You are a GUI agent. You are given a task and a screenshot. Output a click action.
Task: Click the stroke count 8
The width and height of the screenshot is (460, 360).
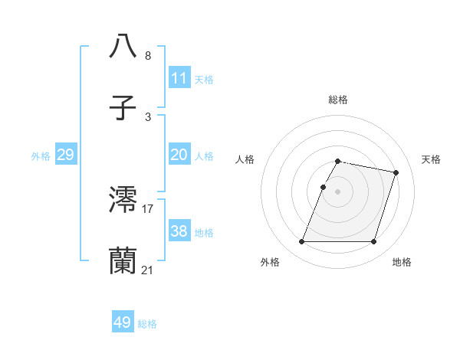[x=148, y=55]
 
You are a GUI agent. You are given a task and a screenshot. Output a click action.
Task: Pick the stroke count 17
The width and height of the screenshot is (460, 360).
[x=148, y=208]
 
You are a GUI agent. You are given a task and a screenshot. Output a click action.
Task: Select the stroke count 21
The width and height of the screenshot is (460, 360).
[x=148, y=270]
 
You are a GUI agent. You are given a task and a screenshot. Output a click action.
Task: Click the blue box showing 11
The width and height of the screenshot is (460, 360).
[x=179, y=77]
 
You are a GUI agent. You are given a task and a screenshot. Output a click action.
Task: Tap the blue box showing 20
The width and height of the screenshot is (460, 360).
[x=179, y=155]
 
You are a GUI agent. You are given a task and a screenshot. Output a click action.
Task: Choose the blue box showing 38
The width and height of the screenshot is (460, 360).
[x=179, y=231]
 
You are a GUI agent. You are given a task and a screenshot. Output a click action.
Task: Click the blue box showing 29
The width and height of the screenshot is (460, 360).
[x=65, y=155]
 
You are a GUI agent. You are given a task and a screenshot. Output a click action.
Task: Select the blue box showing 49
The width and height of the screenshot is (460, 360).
[x=123, y=322]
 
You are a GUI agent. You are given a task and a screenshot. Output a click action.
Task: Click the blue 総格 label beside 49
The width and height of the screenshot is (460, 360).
[x=147, y=324]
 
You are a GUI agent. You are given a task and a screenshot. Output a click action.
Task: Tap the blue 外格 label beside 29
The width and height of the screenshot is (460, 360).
[x=41, y=156]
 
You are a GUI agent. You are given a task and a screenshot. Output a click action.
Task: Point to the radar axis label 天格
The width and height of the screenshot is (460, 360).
[x=431, y=159]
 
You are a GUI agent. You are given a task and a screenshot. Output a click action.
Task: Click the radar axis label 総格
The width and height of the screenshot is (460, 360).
[x=338, y=100]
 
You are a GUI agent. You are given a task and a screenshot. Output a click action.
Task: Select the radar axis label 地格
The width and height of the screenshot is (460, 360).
[x=402, y=263]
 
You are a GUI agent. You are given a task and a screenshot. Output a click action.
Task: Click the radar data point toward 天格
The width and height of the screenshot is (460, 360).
[x=396, y=173]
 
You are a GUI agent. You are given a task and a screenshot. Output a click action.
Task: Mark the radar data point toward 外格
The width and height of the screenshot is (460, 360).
[x=302, y=242]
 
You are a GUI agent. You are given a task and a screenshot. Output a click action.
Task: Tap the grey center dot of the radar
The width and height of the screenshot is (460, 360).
[x=338, y=191]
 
